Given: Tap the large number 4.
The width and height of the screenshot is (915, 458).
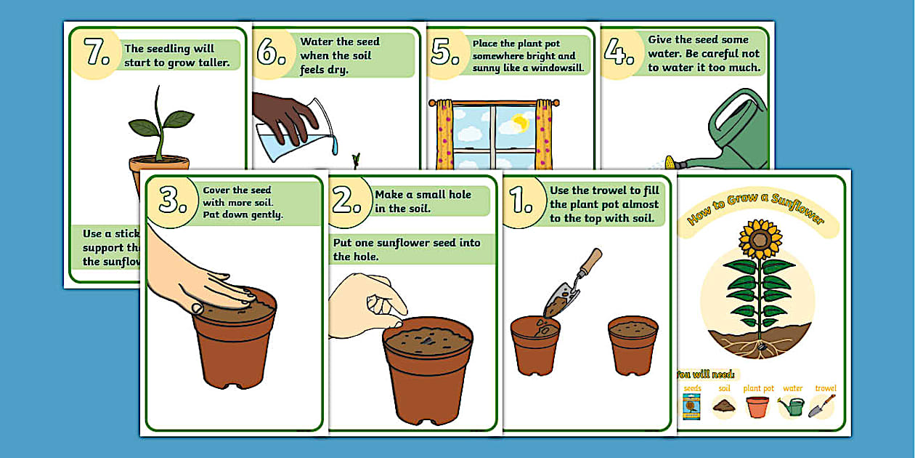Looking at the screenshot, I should click(x=619, y=52).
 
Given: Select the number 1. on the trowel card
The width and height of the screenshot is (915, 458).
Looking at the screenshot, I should click(x=521, y=201).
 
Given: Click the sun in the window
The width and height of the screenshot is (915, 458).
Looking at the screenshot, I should click(x=520, y=121).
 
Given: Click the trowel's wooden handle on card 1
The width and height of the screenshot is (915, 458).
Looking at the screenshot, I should click(x=590, y=263).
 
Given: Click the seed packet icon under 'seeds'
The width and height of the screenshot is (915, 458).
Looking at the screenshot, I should click(x=691, y=407).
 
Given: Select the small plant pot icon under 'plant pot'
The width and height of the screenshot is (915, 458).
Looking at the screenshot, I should click(x=757, y=406).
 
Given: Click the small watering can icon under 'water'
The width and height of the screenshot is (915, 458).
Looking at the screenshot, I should click(x=792, y=406).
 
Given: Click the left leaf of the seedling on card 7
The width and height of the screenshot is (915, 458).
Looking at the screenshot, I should click(x=144, y=128).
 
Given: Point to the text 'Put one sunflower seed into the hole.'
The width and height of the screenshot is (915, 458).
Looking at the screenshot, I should click(x=407, y=249).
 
